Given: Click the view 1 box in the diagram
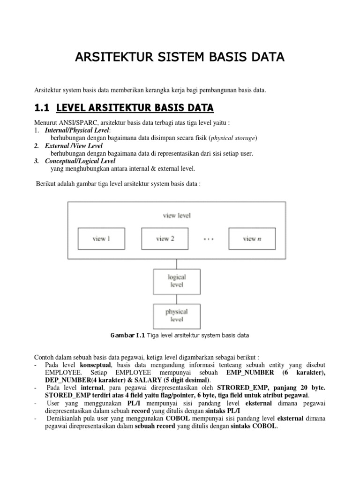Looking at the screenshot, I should [x=101, y=239].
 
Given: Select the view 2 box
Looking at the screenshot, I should [x=165, y=239].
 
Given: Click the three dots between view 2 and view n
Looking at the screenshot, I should [x=209, y=239].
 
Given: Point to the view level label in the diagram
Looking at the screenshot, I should [x=176, y=216].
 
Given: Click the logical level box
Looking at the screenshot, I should [x=177, y=281].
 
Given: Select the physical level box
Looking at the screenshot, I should [x=177, y=315].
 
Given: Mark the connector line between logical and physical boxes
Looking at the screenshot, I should [x=177, y=298].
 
